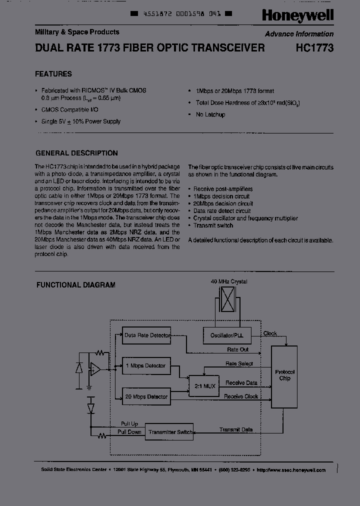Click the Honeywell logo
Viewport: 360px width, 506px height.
(297, 16)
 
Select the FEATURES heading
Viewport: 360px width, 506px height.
(53, 74)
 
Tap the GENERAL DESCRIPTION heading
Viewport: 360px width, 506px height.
(77, 153)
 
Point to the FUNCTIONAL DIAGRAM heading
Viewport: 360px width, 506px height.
(76, 285)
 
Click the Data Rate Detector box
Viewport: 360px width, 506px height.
(147, 335)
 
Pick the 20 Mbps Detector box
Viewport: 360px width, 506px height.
(146, 397)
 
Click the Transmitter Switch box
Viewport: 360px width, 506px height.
(170, 432)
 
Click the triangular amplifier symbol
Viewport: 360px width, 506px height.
(94, 369)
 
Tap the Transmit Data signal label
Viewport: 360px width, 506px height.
(236, 429)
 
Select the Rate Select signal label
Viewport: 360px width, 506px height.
(239, 363)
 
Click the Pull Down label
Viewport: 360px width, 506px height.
(129, 431)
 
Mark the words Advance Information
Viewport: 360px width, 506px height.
(299, 34)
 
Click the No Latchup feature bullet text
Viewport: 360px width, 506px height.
(210, 114)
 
